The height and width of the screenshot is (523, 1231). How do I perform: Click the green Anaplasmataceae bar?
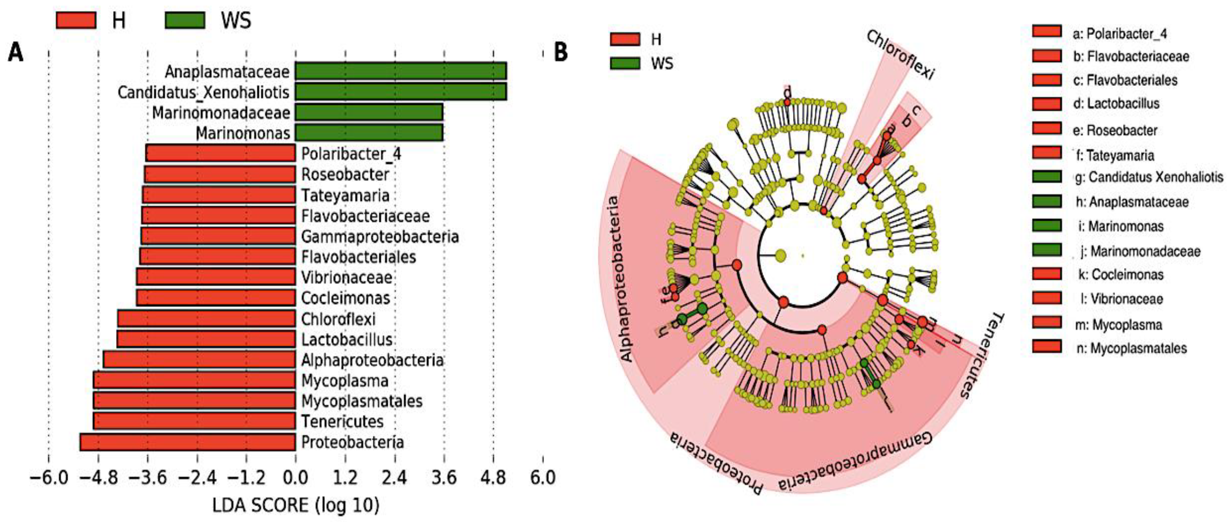tap(400, 71)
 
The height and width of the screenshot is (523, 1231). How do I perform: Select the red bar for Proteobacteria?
tap(187, 442)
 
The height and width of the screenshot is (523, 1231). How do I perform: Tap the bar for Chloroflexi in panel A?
tap(206, 319)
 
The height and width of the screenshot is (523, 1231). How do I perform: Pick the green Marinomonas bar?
tap(369, 133)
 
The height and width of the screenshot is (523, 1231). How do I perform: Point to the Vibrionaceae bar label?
tap(347, 278)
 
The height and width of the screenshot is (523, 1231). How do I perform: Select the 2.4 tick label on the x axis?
tap(395, 477)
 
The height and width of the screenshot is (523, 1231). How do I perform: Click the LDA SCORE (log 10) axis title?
tap(296, 505)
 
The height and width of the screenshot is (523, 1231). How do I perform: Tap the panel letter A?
tap(15, 52)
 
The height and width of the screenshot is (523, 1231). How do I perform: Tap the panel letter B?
tap(561, 52)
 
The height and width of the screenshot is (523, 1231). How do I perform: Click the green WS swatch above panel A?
tap(185, 21)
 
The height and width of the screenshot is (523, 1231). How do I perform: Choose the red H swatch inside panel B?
tap(625, 39)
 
